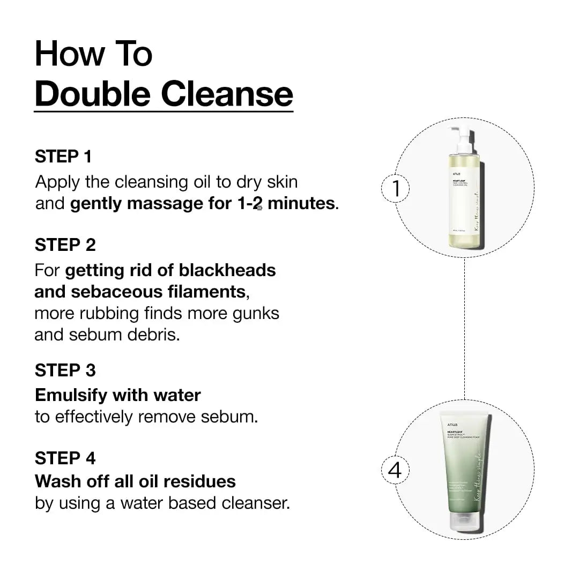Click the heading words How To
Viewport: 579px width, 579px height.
(93, 54)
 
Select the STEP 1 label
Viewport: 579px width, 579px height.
(63, 157)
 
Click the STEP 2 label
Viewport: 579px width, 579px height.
(65, 245)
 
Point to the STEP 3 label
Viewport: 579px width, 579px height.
(65, 370)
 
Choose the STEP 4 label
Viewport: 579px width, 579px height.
(65, 458)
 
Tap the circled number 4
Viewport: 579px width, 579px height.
(395, 470)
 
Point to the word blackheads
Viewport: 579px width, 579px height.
(227, 270)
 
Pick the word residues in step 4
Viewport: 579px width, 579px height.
(200, 481)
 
